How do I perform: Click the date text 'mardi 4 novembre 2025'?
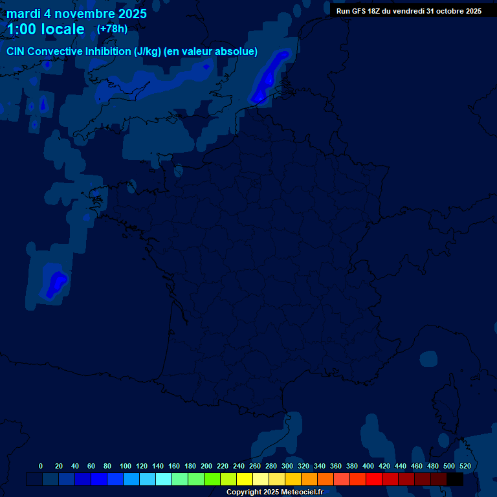[x=76, y=14]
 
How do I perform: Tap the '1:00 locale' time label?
[x=45, y=29]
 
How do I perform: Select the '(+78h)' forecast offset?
[x=112, y=28]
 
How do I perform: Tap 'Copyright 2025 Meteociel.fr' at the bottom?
[x=274, y=492]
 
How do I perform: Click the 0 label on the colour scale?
[x=41, y=466]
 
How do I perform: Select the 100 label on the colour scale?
[x=126, y=466]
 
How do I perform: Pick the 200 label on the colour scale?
[x=206, y=466]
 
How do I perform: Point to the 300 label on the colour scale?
[x=287, y=466]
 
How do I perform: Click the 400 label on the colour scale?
[x=368, y=466]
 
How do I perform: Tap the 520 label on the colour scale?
[x=465, y=466]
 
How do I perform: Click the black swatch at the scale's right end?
[x=455, y=480]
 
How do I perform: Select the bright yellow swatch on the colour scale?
[x=245, y=480]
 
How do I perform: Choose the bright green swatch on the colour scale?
[x=212, y=480]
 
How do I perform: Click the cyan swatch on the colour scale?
[x=164, y=480]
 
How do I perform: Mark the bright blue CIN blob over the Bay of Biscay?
[x=57, y=282]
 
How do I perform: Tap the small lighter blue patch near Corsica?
[x=428, y=358]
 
